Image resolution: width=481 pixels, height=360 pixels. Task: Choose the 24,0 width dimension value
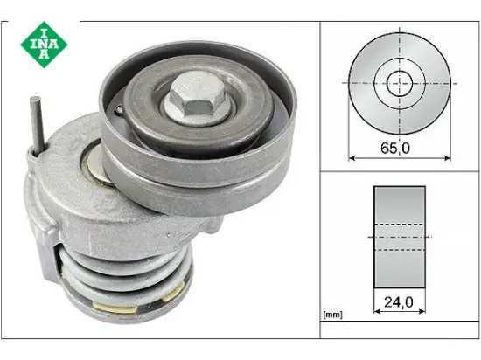[x=399, y=304]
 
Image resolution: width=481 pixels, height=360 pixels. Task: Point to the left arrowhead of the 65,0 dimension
[x=353, y=158]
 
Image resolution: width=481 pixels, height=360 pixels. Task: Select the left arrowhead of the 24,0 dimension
[x=377, y=315]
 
